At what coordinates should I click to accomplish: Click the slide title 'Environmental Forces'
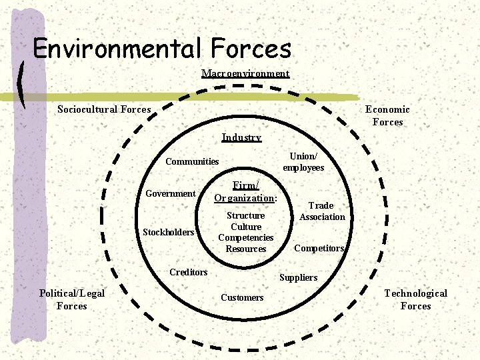click(x=162, y=49)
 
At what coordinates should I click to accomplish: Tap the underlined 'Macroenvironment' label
click(x=245, y=73)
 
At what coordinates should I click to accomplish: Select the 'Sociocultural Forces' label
click(x=104, y=109)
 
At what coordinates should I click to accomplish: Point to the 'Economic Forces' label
click(x=387, y=115)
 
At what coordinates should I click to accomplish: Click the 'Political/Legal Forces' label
click(x=72, y=299)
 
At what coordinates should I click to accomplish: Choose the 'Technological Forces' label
click(x=415, y=299)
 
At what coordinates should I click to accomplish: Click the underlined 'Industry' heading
click(x=241, y=137)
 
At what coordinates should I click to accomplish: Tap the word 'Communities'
click(x=192, y=161)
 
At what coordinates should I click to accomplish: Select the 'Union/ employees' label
click(x=303, y=161)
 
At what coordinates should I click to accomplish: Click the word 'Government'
click(x=171, y=193)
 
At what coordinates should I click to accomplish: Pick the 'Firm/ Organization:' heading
click(x=245, y=191)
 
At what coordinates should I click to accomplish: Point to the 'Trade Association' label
click(x=322, y=211)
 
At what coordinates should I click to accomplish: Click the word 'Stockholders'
click(x=169, y=232)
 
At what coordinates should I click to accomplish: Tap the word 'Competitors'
click(x=319, y=248)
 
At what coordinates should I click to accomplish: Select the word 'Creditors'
click(x=188, y=272)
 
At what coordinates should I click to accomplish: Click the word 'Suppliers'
click(x=298, y=277)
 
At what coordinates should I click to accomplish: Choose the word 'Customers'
click(x=242, y=297)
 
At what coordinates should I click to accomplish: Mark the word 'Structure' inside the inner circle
click(x=245, y=215)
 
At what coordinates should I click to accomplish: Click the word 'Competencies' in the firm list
click(x=245, y=237)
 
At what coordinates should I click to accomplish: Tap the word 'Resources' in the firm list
click(x=245, y=249)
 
